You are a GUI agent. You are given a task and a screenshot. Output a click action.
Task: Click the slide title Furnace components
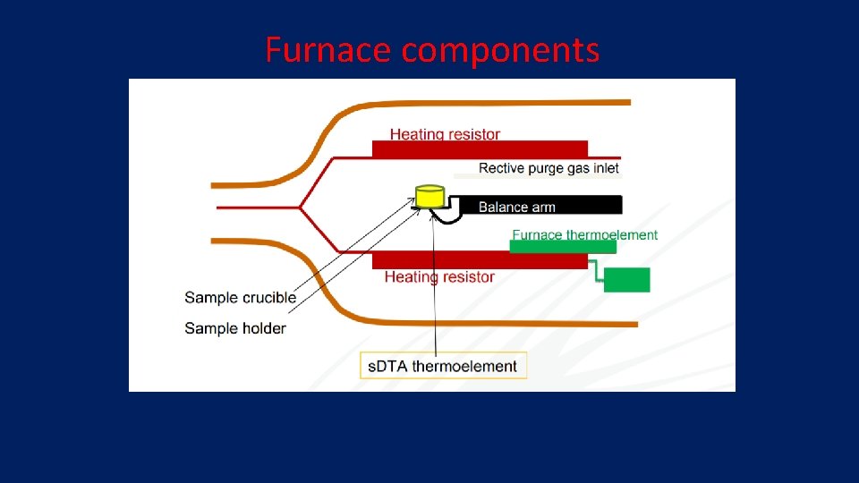tap(432, 50)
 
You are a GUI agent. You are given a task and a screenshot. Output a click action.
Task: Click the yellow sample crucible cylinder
tap(429, 195)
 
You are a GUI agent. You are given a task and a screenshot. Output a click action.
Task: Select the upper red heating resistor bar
tap(480, 149)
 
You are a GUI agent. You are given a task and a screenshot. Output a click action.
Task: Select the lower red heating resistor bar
tap(480, 259)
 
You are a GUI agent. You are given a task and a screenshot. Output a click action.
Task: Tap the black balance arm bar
tap(537, 205)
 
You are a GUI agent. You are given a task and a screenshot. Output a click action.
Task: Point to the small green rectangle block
tap(626, 279)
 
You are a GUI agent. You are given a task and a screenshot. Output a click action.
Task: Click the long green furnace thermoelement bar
tap(562, 247)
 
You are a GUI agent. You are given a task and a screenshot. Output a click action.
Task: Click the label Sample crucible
tap(240, 297)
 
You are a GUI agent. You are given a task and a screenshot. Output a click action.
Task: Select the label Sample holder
tap(235, 328)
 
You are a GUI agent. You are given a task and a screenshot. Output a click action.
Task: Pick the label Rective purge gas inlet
tap(549, 168)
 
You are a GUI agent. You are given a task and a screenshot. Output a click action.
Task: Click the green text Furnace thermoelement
tap(584, 234)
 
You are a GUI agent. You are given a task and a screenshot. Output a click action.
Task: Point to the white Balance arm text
tap(516, 207)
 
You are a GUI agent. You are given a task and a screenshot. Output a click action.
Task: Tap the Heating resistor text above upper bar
tap(445, 134)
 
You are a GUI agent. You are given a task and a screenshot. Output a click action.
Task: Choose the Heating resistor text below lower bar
tap(439, 277)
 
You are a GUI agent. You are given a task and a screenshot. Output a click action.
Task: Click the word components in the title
tap(500, 50)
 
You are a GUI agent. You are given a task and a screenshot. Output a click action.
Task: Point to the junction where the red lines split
tap(300, 208)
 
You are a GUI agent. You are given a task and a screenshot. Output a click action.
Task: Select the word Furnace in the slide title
tap(328, 50)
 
